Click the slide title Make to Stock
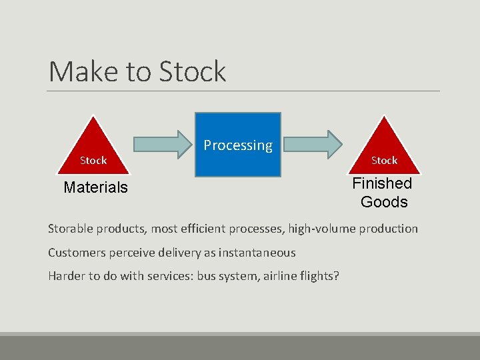click(x=137, y=71)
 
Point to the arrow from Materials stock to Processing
click(x=162, y=144)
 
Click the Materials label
click(x=95, y=188)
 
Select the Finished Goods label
click(x=383, y=193)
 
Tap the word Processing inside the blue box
click(x=238, y=145)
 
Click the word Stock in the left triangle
click(x=93, y=161)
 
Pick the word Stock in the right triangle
click(x=384, y=161)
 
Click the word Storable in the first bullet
click(x=71, y=229)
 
